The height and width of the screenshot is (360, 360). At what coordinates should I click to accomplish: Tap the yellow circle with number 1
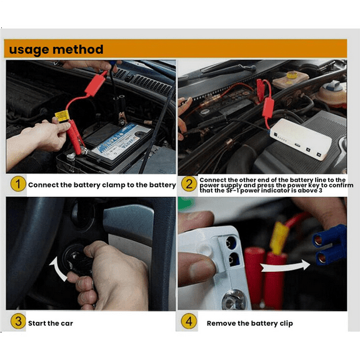(x=17, y=184)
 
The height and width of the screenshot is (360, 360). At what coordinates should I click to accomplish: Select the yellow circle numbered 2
(x=189, y=184)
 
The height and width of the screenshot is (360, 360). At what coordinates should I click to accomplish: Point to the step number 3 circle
(x=17, y=322)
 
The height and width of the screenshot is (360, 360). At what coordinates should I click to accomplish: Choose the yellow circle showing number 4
(x=189, y=322)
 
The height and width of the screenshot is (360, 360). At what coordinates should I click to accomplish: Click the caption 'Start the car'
(x=52, y=323)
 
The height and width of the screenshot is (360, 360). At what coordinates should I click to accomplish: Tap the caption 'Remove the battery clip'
(x=249, y=323)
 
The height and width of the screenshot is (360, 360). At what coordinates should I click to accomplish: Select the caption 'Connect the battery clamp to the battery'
(x=102, y=185)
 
